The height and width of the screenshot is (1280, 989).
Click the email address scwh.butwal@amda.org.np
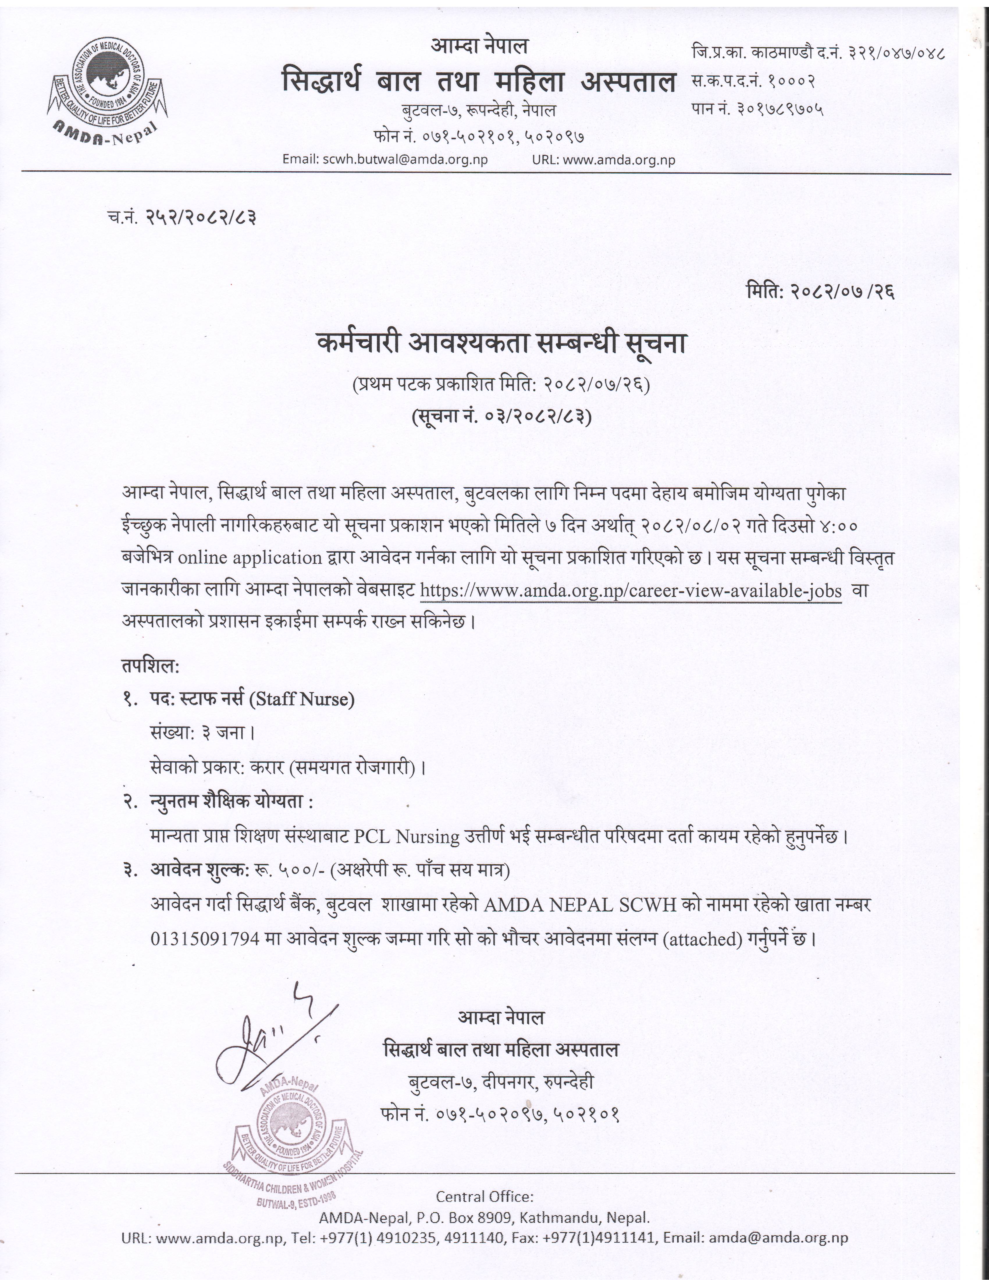(405, 159)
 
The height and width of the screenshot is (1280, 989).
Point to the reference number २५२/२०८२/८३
(200, 218)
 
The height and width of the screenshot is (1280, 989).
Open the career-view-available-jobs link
(631, 591)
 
